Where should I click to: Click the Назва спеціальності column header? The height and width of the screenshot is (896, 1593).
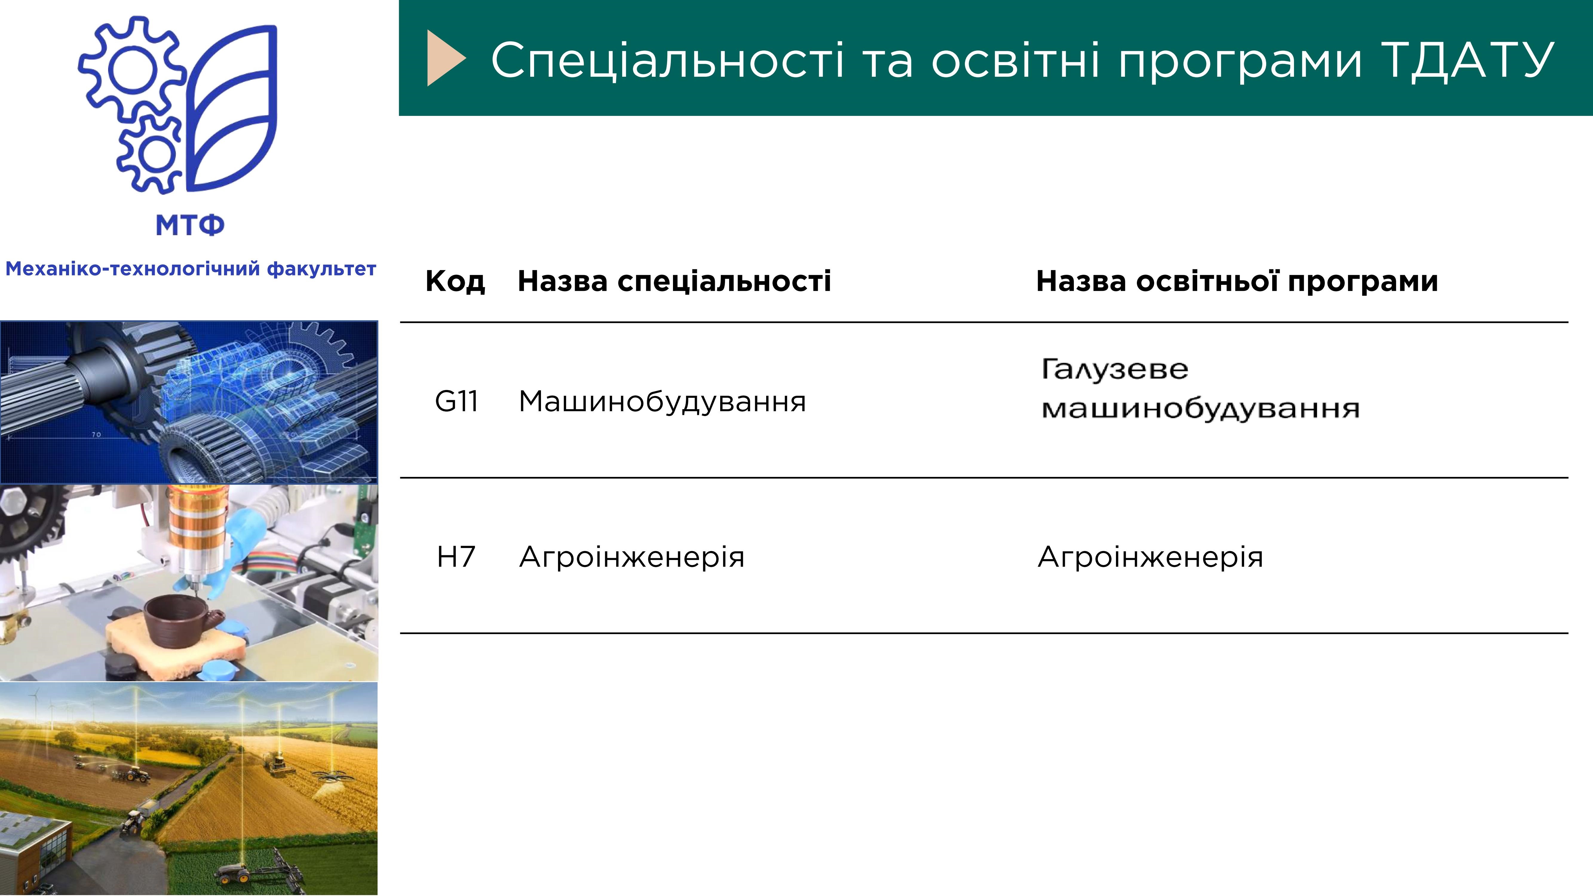point(674,281)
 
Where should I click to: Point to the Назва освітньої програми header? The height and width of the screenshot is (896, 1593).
point(1237,281)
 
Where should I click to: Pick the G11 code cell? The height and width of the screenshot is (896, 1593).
point(456,401)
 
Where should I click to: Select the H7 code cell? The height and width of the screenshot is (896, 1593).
point(456,556)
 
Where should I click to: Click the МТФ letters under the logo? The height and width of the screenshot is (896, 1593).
point(190,226)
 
